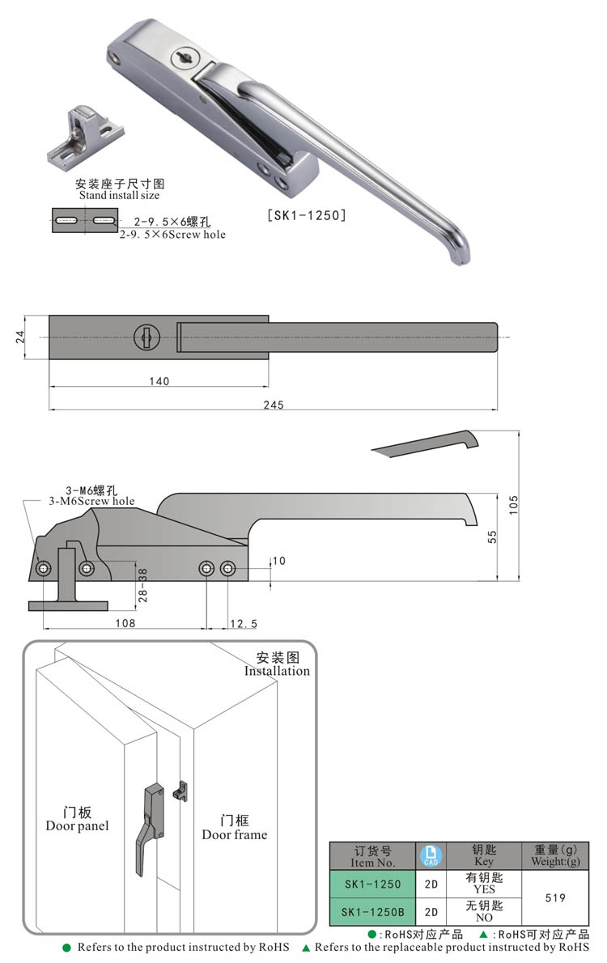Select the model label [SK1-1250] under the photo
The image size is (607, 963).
[x=307, y=215]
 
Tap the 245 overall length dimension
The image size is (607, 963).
[x=274, y=405]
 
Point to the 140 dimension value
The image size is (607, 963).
[x=159, y=381]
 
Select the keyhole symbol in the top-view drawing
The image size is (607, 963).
[x=146, y=336]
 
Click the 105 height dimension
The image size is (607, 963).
[x=513, y=505]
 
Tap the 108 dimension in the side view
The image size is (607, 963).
[x=124, y=624]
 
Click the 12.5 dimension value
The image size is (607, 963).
[x=244, y=624]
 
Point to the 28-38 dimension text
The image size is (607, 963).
[x=143, y=583]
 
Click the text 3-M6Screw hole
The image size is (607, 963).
[x=91, y=501]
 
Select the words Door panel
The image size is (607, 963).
[x=77, y=825]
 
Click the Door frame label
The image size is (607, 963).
[x=234, y=834]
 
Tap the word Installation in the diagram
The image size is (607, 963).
[x=277, y=671]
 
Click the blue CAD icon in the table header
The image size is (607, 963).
[x=431, y=855]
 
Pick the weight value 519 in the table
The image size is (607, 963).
[x=554, y=897]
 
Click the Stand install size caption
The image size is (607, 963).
[x=119, y=195]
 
